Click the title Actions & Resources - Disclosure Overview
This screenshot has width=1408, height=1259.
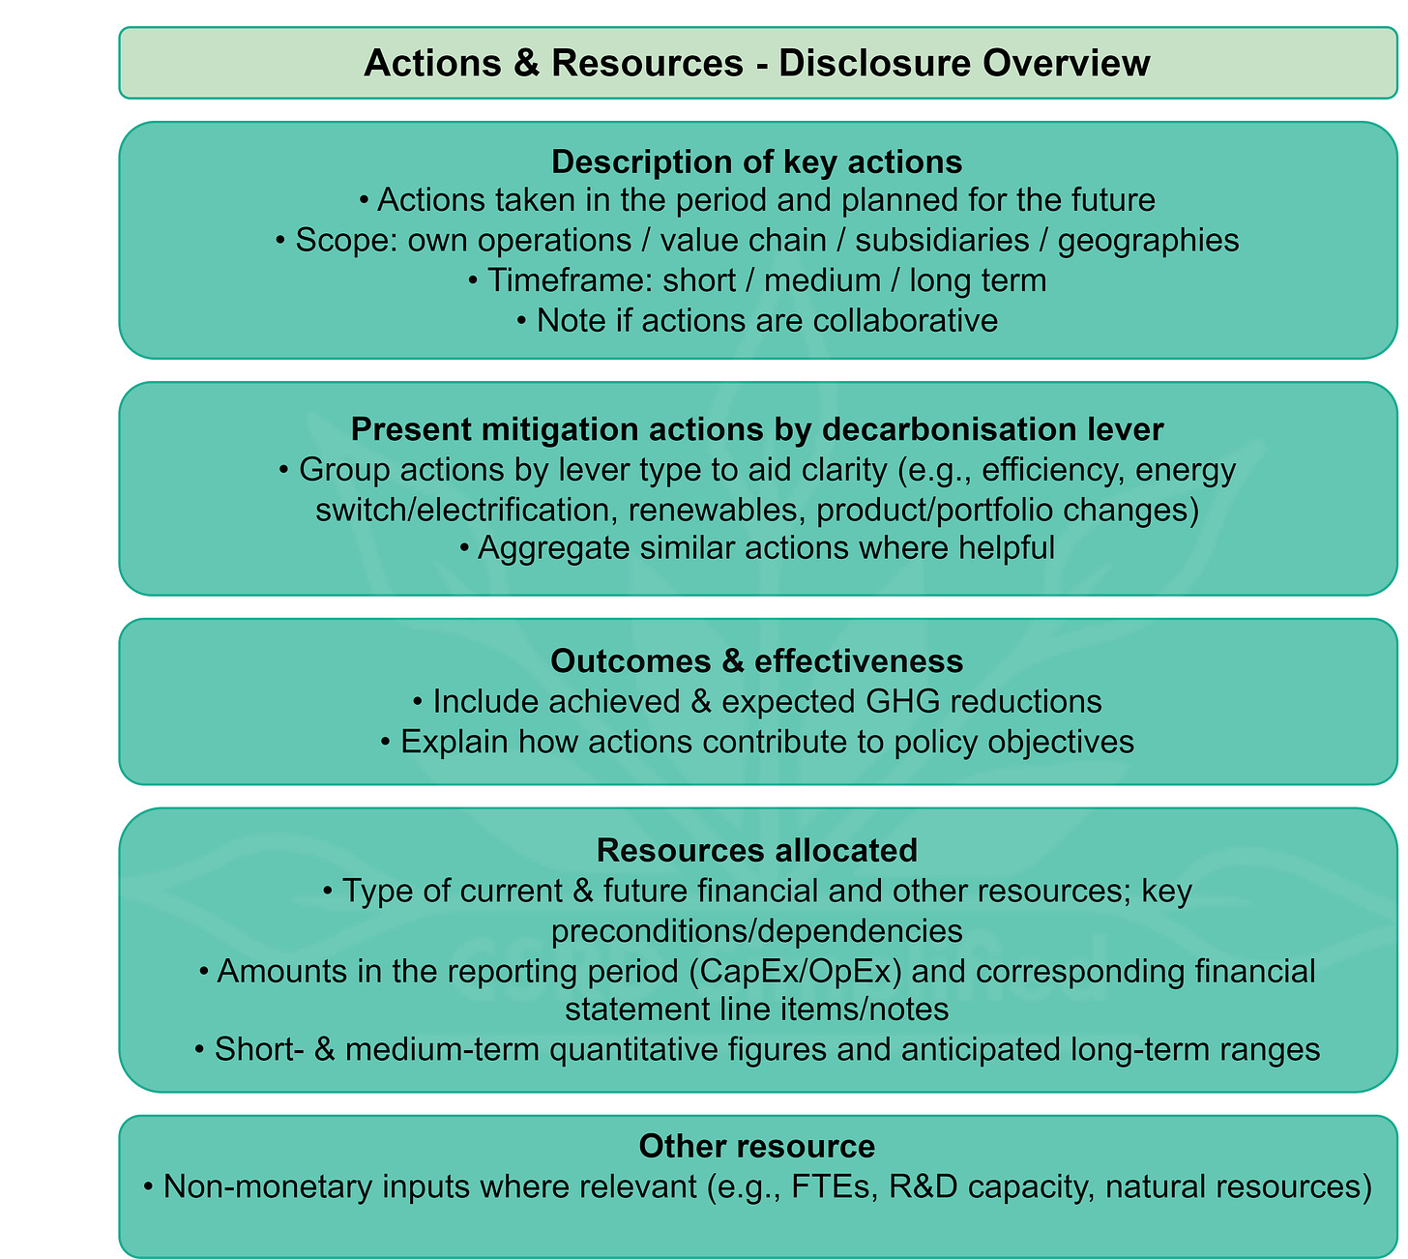coord(757,63)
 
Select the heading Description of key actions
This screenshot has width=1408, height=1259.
coord(757,161)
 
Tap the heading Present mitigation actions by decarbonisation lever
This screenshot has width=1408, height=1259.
coord(757,428)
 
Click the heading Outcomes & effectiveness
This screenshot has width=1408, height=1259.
coord(757,660)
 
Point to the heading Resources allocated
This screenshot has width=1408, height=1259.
coord(757,850)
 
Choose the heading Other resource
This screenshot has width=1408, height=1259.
coord(757,1146)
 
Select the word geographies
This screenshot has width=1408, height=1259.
coord(1149,240)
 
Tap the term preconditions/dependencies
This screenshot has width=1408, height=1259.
coord(757,930)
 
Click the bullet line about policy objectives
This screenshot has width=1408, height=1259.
coord(757,742)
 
